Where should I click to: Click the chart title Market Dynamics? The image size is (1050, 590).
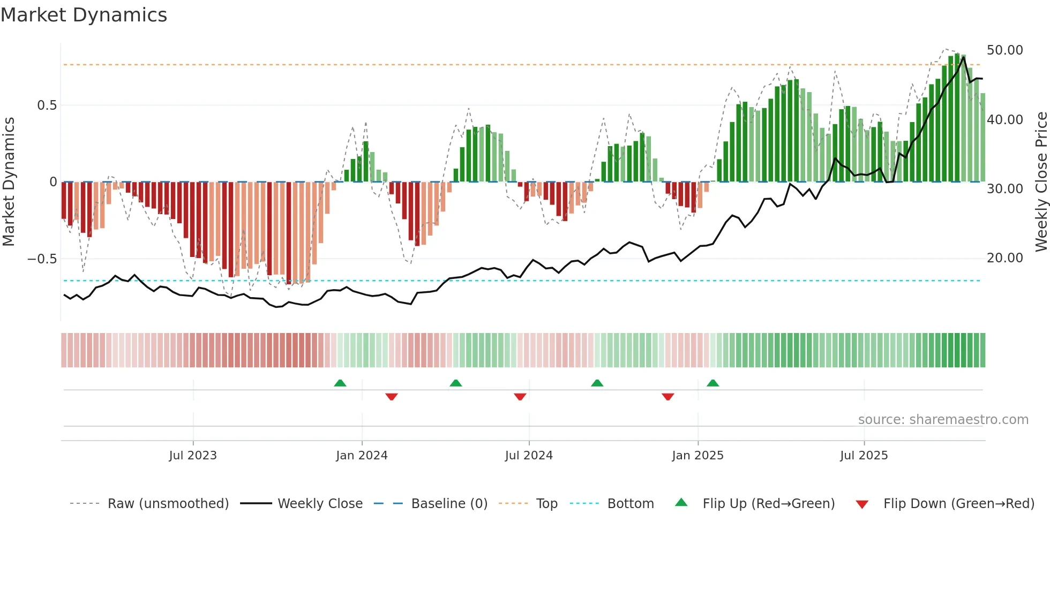tap(84, 15)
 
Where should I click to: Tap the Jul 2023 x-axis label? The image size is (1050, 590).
tap(193, 456)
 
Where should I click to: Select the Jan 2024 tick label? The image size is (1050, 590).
tap(362, 456)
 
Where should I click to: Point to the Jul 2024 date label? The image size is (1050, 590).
tap(529, 456)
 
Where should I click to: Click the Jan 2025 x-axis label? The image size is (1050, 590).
tap(697, 456)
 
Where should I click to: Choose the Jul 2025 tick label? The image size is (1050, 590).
tap(864, 456)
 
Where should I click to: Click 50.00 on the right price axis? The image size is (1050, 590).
tap(1004, 50)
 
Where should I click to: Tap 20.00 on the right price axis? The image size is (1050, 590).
tap(1004, 258)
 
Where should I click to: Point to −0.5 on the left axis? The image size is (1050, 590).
tap(42, 259)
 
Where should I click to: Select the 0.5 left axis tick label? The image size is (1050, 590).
tap(47, 105)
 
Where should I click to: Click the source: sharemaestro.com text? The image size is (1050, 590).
tap(943, 420)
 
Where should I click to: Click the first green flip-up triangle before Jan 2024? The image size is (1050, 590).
tap(340, 383)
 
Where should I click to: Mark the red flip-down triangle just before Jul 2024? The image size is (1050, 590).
tap(520, 397)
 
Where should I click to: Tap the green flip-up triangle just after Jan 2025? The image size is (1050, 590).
tap(712, 383)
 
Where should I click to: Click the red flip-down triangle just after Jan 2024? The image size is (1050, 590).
tap(391, 397)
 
